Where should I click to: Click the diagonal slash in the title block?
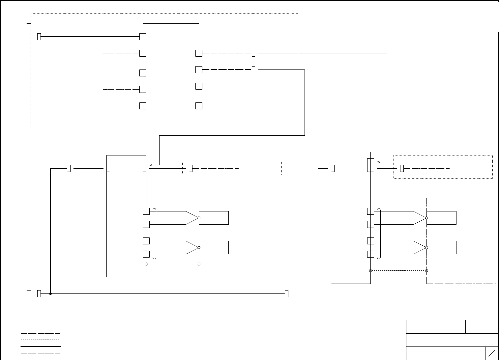pos(492,353)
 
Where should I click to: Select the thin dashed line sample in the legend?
pos(41,340)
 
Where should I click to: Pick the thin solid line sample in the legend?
pos(41,327)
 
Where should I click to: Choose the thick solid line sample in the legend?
pos(41,346)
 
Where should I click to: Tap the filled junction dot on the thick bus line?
pos(50,293)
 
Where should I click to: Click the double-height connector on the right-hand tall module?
pos(370,165)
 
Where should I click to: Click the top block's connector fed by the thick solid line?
pos(143,37)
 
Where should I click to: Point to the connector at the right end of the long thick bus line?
pos(286,293)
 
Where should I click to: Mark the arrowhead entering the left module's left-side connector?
pos(103,168)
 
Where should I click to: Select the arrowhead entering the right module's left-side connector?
pos(327,168)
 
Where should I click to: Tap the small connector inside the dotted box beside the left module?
pos(191,168)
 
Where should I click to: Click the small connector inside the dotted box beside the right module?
pos(402,168)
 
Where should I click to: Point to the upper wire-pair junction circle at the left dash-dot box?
pos(199,218)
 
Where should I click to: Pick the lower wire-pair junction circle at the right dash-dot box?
pos(426,247)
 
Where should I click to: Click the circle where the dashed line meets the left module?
pos(146,264)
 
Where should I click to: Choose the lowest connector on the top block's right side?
pos(199,106)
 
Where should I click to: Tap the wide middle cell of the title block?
pos(452,340)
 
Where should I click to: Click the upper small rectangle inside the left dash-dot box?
pos(214,218)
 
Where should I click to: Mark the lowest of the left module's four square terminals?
pos(146,254)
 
